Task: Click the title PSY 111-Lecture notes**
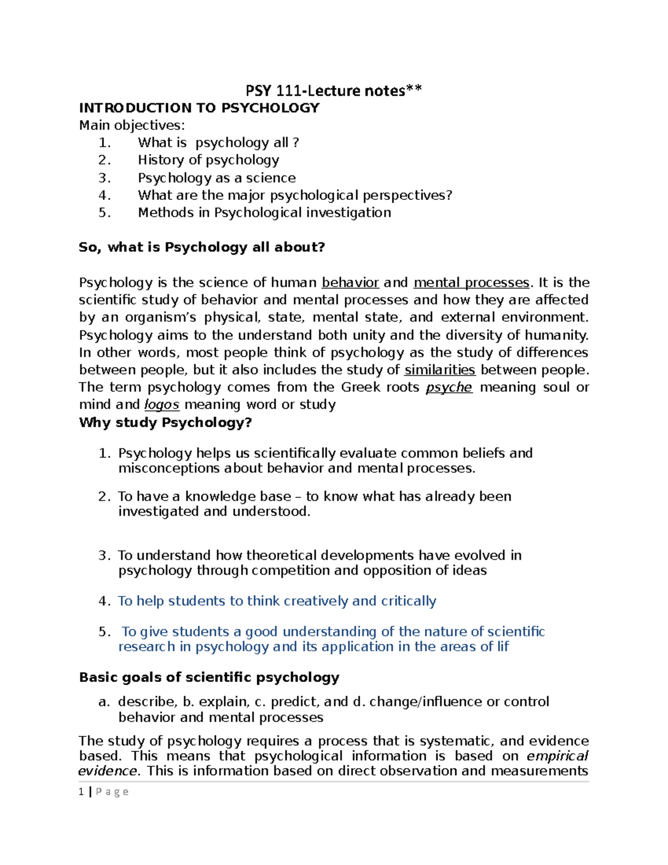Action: point(334,90)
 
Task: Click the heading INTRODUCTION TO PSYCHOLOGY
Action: point(199,108)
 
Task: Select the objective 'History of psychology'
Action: point(208,160)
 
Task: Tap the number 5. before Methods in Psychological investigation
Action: point(105,213)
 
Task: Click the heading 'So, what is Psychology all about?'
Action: point(202,247)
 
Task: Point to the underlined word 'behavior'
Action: point(350,283)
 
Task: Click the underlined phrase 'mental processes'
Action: point(471,283)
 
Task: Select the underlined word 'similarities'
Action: point(439,370)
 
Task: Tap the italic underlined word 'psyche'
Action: point(449,388)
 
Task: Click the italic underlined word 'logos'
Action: point(161,405)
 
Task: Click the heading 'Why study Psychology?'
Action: point(165,423)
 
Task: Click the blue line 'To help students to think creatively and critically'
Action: point(277,601)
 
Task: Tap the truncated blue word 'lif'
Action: point(503,647)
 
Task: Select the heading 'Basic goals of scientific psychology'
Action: point(209,677)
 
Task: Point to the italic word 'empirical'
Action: point(557,756)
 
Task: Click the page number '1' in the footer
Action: point(81,792)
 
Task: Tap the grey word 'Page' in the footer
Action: point(112,792)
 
